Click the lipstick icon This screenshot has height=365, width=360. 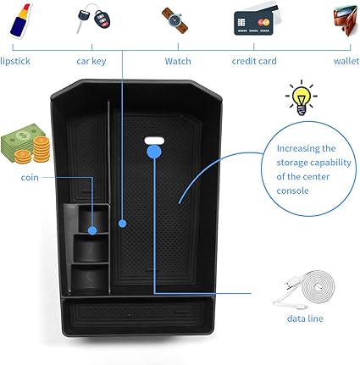click(x=20, y=20)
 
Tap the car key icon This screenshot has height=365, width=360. click(x=93, y=19)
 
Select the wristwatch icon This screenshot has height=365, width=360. click(x=174, y=20)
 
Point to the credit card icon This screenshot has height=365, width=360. click(x=257, y=20)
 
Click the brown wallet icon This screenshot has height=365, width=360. click(x=346, y=19)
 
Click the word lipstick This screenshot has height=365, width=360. click(x=15, y=61)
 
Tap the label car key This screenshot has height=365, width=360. click(x=91, y=61)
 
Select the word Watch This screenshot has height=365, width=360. click(x=178, y=61)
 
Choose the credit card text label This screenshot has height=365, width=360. click(x=254, y=61)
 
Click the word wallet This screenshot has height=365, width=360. click(x=346, y=61)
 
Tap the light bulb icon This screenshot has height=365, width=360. click(x=301, y=97)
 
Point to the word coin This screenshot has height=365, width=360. click(x=30, y=177)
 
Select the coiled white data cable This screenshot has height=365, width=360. click(x=305, y=290)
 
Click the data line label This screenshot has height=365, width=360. click(x=305, y=318)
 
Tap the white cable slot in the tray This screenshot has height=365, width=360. click(x=154, y=141)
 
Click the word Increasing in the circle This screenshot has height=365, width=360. click(x=306, y=149)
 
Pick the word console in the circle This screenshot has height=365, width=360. click(x=292, y=191)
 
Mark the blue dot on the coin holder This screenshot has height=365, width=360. click(x=92, y=230)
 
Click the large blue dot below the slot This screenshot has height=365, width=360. click(x=154, y=152)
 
